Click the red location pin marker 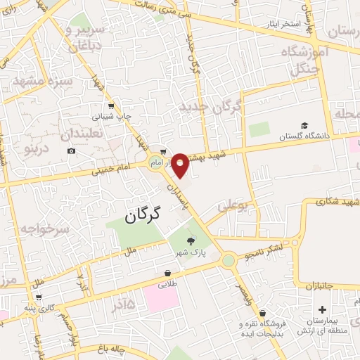click(x=180, y=165)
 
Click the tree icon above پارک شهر click(x=191, y=241)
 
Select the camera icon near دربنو click(x=71, y=151)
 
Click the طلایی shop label click(x=169, y=283)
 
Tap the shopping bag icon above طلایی click(x=169, y=273)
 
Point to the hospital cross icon click(x=322, y=309)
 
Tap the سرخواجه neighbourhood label click(x=44, y=230)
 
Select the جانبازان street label click(x=328, y=285)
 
